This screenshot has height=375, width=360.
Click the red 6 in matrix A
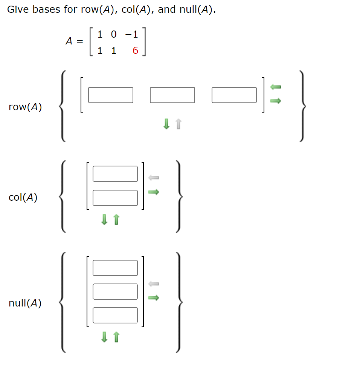(136, 50)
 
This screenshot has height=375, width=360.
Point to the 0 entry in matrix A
(114, 35)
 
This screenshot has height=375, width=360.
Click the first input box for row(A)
(111, 95)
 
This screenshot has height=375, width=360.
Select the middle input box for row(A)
(172, 95)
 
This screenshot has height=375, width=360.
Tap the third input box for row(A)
(234, 95)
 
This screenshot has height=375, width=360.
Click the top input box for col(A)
(115, 174)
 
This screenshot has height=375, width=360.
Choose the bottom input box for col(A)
(115, 198)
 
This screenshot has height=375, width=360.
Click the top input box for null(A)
(115, 268)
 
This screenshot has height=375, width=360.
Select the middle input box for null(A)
(115, 291)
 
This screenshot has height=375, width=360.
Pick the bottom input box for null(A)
(115, 315)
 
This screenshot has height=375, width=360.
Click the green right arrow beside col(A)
(154, 192)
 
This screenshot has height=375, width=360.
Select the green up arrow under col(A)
(116, 219)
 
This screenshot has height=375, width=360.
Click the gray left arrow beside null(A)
(154, 283)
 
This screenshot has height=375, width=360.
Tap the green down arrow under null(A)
(104, 337)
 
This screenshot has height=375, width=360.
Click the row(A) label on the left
(25, 107)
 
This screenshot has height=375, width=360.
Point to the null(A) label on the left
(25, 303)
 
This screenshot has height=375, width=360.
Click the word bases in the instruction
(47, 9)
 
